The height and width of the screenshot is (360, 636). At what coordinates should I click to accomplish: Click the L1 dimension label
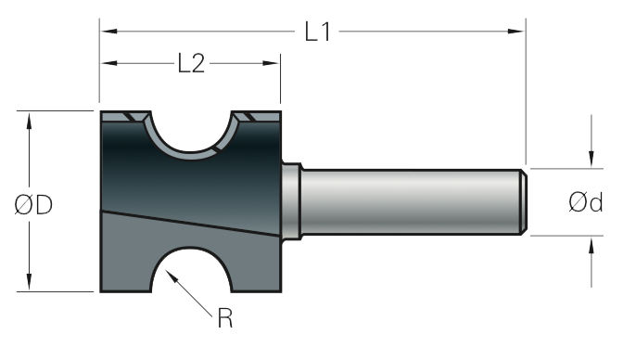(x=318, y=32)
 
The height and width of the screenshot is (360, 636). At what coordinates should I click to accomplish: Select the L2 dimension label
(x=191, y=63)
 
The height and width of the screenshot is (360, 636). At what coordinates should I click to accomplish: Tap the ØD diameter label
(x=33, y=204)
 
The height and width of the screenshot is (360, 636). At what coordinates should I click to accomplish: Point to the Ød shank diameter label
(x=585, y=202)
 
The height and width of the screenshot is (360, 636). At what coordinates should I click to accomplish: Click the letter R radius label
(x=225, y=318)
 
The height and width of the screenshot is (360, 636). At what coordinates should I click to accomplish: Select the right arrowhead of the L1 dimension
(x=516, y=32)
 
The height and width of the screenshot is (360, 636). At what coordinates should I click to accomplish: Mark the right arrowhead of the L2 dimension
(x=271, y=63)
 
